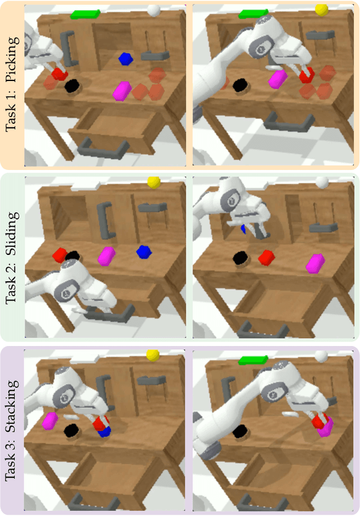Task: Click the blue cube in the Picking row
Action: pos(125,59)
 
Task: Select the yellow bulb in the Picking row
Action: pos(322,10)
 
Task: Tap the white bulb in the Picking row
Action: pos(154,10)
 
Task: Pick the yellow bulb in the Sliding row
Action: pos(154,182)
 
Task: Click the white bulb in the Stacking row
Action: pos(321,356)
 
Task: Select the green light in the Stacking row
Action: pos(253,360)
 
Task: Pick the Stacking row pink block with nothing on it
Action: pos(50,421)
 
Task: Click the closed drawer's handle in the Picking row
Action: pos(289,123)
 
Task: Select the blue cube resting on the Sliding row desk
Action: pos(144,252)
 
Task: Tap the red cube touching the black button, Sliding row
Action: pos(60,255)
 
